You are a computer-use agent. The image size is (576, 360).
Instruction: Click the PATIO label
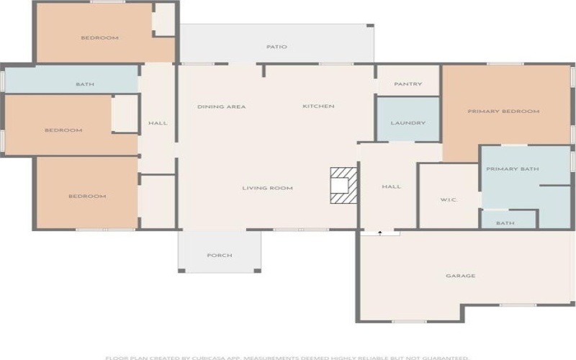pos(276,47)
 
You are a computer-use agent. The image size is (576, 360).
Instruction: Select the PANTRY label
pos(408,84)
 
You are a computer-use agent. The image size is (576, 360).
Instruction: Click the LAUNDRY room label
pos(408,123)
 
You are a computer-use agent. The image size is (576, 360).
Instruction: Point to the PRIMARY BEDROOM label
pos(503,112)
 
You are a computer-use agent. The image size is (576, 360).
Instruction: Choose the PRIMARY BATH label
pos(513,169)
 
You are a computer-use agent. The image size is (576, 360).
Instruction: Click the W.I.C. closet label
pos(449,199)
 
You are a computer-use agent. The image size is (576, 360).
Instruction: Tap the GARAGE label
pos(460,276)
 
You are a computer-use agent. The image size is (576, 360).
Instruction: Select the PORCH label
pos(219,256)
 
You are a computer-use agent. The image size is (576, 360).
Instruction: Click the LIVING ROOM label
pos(267,188)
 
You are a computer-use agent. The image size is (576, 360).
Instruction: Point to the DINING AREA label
pos(222,107)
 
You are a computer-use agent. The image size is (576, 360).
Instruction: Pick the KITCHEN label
pos(318,107)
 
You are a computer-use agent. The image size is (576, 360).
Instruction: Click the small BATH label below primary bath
pos(505,223)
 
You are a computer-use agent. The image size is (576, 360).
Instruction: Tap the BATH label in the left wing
pos(85,84)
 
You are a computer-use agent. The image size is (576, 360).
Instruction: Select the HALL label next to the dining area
pos(158,123)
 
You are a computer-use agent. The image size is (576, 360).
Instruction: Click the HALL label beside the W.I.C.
pos(391,186)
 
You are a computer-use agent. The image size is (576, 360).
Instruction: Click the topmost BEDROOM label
pos(99,37)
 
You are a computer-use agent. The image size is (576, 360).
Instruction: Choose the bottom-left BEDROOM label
pos(87,196)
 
